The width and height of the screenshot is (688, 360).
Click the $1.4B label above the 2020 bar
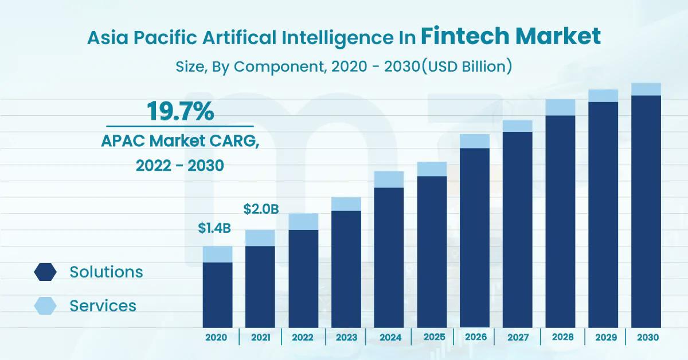[x=214, y=228]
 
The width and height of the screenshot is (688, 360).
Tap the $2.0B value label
[x=261, y=209]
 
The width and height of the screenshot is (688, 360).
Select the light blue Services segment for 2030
[x=646, y=89]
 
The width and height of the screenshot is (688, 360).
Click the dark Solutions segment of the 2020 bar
[x=217, y=295]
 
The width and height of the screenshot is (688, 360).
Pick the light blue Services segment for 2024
[x=389, y=179]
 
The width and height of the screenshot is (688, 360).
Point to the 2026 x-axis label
[x=476, y=337]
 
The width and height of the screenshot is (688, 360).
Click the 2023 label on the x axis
[x=346, y=337]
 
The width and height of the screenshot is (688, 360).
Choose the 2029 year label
[x=606, y=337]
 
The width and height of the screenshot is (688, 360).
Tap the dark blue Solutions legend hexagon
[x=45, y=272]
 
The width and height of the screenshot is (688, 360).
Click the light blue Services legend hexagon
[x=45, y=306]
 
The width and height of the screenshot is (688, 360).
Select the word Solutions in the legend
[x=106, y=272]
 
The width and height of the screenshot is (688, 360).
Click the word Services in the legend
[x=103, y=306]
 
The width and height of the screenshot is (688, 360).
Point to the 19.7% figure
[x=180, y=111]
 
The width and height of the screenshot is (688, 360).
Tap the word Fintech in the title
[x=465, y=36]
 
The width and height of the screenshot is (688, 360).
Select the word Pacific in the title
[x=165, y=37]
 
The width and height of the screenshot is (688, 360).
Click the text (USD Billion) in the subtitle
[x=467, y=66]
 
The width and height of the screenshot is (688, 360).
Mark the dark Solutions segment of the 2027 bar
[x=518, y=230]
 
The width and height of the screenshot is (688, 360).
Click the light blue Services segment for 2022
[x=303, y=221]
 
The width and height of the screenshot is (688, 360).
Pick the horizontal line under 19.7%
[x=180, y=126]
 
